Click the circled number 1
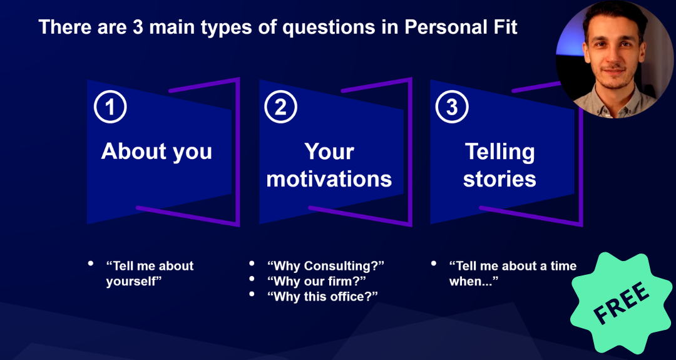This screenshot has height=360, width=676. (x=110, y=107)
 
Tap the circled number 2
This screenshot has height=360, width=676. (x=281, y=107)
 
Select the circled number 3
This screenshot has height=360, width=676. (x=452, y=107)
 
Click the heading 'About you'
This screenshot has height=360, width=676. (x=156, y=152)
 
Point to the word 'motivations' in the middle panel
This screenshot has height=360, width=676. (x=329, y=179)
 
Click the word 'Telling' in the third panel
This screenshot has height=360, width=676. (x=499, y=152)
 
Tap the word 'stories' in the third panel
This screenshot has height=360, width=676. (x=499, y=179)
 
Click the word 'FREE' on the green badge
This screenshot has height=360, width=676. (x=622, y=303)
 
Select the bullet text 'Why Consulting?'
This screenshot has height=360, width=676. (x=325, y=265)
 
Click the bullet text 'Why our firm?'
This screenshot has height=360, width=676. (x=317, y=281)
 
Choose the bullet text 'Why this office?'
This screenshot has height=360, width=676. (x=322, y=297)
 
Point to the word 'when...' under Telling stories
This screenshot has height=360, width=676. (x=474, y=281)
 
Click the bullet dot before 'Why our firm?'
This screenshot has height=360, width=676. (x=252, y=279)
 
